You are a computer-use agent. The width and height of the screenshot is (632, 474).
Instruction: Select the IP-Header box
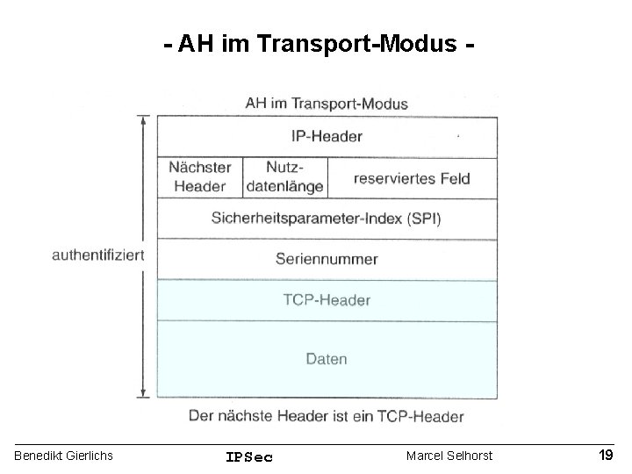tap(327, 136)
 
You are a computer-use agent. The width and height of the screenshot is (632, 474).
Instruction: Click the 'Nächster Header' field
tap(199, 176)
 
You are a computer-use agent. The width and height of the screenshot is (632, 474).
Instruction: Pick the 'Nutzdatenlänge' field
tap(284, 176)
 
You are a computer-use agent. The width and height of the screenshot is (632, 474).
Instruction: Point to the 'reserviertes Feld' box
tap(412, 178)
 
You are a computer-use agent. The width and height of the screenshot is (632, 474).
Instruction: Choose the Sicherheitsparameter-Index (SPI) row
tap(327, 218)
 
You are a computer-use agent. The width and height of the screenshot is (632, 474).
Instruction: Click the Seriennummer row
tap(327, 259)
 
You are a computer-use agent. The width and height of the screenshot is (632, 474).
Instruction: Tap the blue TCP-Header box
tap(327, 300)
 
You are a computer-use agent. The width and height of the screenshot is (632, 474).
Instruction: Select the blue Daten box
tap(327, 358)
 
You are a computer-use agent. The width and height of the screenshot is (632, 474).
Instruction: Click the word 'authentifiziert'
tap(98, 255)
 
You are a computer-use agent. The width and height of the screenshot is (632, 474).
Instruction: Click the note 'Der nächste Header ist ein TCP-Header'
tap(327, 415)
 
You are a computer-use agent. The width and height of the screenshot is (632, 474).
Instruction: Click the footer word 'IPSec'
tap(249, 456)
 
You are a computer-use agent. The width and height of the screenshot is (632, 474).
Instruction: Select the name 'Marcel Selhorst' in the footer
tap(449, 456)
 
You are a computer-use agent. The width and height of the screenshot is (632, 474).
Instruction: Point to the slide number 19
tap(606, 455)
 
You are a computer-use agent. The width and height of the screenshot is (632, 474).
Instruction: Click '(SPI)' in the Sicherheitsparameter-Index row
tap(422, 218)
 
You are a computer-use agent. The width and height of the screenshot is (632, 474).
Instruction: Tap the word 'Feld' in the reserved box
tap(455, 178)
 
